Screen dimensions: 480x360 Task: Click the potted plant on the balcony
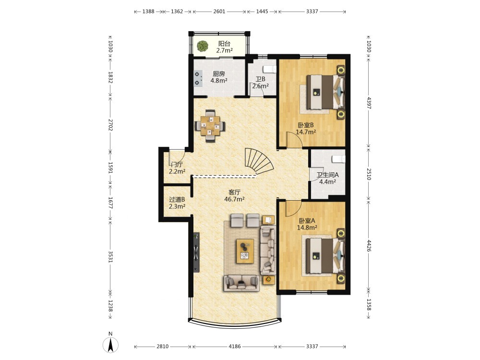tap(203, 46)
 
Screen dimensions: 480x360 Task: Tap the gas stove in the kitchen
tap(199, 78)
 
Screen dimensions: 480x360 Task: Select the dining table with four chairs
tap(210, 126)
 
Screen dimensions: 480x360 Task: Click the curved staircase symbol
tap(259, 161)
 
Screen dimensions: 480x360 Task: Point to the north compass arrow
tap(111, 345)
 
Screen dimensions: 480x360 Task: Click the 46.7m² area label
tap(235, 199)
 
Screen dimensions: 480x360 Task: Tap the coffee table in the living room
tap(245, 251)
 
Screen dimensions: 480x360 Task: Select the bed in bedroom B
tap(326, 92)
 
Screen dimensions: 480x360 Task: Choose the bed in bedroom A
tap(326, 255)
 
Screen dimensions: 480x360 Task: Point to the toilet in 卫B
tap(271, 69)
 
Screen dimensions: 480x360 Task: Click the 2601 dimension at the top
tap(219, 12)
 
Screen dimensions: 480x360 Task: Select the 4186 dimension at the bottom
tap(235, 347)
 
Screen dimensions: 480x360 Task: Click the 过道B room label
tap(177, 200)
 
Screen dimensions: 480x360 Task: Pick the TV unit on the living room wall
tap(196, 252)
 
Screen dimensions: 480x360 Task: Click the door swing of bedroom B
tap(294, 140)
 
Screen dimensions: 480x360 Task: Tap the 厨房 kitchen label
tap(219, 74)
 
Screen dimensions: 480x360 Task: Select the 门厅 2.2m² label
tap(177, 168)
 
